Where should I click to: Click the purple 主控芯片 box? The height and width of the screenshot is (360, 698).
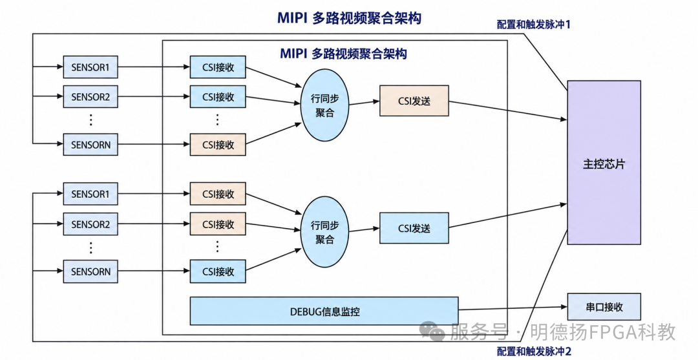[x=604, y=162]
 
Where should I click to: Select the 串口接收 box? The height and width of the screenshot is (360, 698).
[x=604, y=306]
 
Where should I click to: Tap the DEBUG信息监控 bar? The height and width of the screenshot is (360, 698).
[x=324, y=311]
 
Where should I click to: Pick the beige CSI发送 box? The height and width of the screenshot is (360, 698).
[x=414, y=101]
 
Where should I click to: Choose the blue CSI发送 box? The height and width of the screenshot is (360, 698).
[x=414, y=228]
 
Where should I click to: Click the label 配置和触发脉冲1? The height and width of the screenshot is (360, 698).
[x=533, y=25]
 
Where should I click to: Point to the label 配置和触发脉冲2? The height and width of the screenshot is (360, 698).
[x=533, y=351]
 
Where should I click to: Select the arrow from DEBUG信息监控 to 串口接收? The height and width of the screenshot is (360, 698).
[x=513, y=308]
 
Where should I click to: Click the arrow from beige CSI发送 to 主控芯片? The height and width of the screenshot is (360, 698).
[x=508, y=111]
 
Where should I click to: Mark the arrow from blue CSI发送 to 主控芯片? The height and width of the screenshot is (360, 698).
[x=508, y=216]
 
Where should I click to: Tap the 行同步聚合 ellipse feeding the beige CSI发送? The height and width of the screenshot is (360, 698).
[x=324, y=105]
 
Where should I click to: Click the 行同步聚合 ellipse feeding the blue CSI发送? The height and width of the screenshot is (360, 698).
[x=324, y=232]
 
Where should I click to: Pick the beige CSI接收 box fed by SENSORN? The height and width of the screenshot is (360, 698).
[x=218, y=144]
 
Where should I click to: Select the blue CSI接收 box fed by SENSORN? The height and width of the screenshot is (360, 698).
[x=218, y=271]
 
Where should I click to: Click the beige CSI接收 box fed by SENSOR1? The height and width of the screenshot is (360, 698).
[x=218, y=193]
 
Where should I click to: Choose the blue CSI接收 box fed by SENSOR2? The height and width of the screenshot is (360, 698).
[x=218, y=96]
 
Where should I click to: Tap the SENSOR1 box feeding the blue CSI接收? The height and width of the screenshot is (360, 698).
[x=90, y=67]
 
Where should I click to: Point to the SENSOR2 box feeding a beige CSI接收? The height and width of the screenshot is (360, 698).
[x=90, y=224]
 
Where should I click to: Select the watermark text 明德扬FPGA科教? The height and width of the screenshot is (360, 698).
[x=601, y=332]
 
